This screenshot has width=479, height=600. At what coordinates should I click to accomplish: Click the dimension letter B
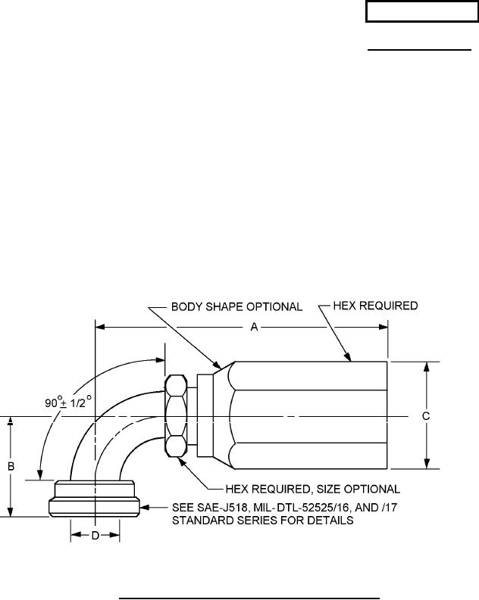tap(11, 467)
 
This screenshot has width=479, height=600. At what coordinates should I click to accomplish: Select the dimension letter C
tap(426, 415)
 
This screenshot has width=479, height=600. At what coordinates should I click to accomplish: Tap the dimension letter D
tap(95, 536)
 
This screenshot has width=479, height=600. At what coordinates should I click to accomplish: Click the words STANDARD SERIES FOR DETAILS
tap(259, 521)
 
